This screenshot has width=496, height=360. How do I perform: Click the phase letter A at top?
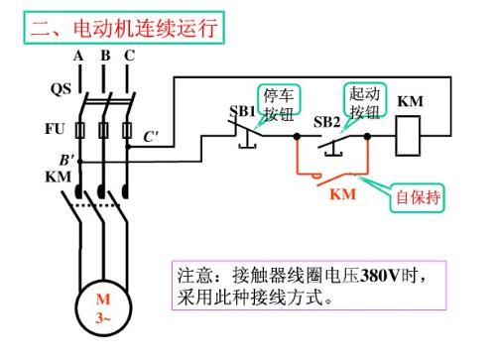click(77, 56)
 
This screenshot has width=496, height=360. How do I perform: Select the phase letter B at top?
click(103, 56)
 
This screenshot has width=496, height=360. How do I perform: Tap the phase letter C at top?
click(129, 56)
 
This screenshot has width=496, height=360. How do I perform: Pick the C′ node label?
click(151, 136)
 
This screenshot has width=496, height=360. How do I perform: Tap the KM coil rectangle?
click(411, 137)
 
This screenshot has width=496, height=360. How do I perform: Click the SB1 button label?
click(243, 109)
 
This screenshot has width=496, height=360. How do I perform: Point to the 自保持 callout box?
click(417, 195)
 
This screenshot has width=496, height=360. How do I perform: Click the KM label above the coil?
click(411, 102)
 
